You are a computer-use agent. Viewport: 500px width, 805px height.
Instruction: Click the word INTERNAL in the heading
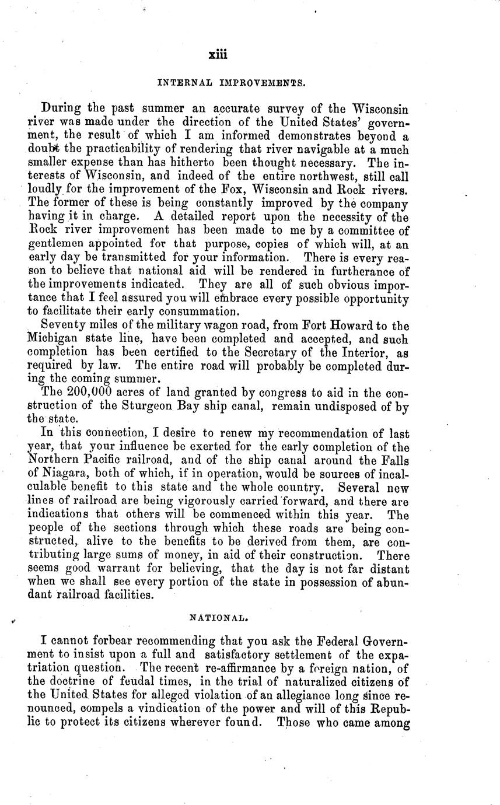point(179,83)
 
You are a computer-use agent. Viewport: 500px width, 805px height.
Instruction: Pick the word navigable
point(289,149)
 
